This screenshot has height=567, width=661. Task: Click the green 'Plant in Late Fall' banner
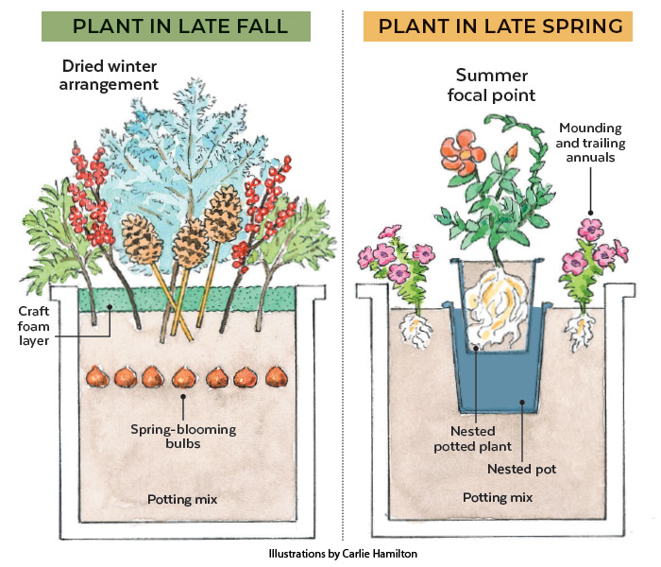point(176,26)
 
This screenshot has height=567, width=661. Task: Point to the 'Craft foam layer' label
point(37,325)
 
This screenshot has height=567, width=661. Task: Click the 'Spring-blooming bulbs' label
point(183,438)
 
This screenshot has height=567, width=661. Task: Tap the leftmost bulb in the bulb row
point(97,377)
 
